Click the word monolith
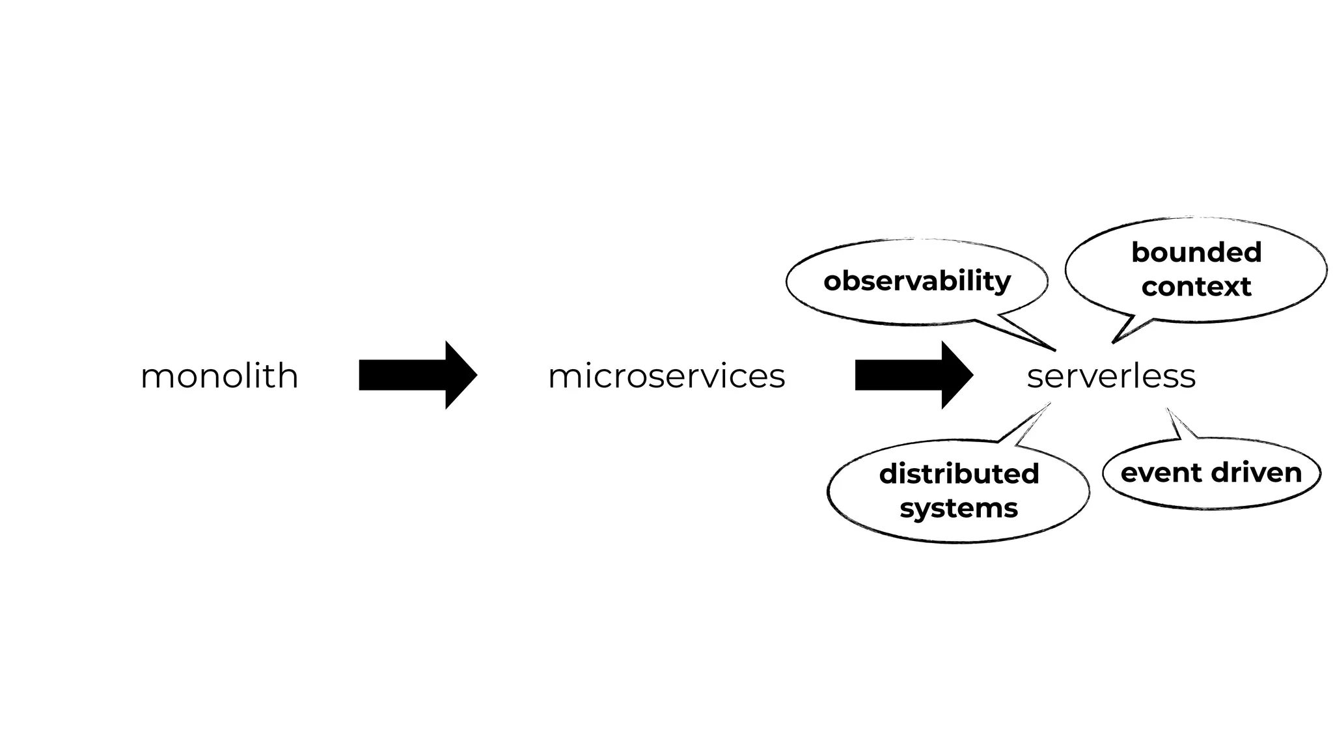point(219,376)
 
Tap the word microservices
point(666,376)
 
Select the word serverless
point(1111,376)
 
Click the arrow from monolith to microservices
point(417,375)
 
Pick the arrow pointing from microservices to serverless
point(913,375)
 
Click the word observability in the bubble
point(917,281)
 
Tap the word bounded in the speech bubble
point(1196,253)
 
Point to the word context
point(1196,287)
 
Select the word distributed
point(959,474)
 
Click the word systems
point(959,508)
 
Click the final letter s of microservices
point(778,378)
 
